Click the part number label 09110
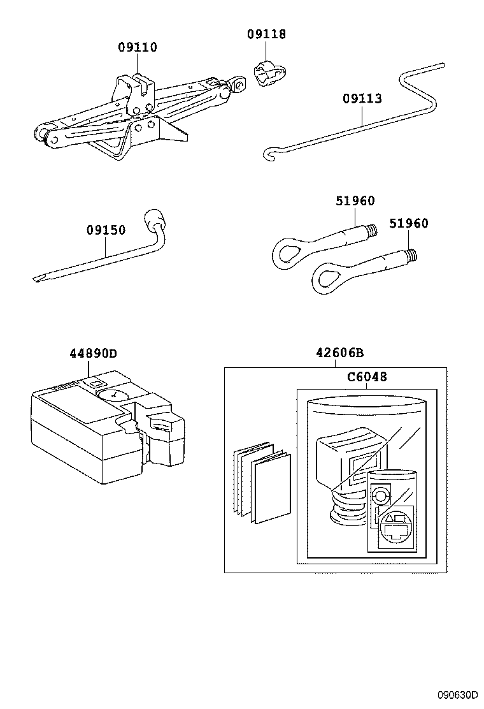pos(137,47)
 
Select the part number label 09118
pos(266,34)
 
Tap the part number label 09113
pos(362,99)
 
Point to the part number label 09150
pos(106,230)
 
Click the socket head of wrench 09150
pos(155,220)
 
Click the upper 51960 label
pos(355,201)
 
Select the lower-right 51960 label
pos(409,223)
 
